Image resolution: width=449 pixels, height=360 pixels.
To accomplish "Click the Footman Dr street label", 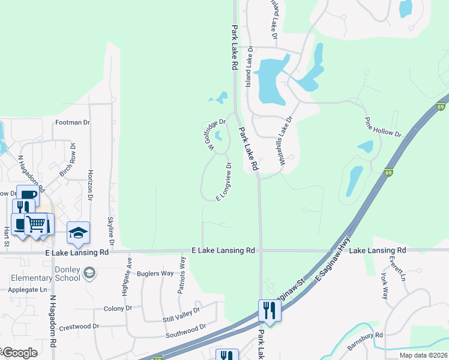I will [x=72, y=122].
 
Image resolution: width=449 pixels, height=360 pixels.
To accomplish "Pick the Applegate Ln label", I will [x=27, y=289].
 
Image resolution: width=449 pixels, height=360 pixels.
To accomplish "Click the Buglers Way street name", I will [x=155, y=274].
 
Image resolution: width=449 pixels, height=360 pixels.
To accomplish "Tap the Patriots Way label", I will [x=182, y=271].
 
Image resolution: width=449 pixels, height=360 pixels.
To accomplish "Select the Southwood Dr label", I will [x=185, y=331].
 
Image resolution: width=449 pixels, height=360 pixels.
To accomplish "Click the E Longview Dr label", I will [x=223, y=182].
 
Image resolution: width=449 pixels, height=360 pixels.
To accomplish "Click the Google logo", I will [x=19, y=353].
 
